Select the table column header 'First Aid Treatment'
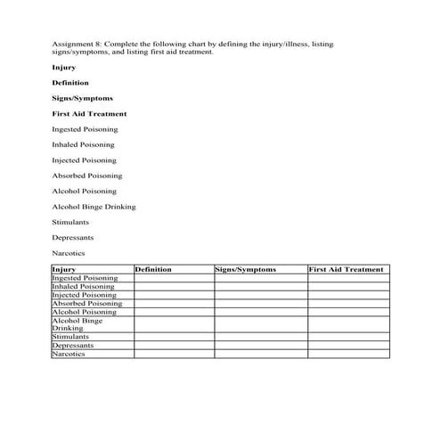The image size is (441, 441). click(x=346, y=269)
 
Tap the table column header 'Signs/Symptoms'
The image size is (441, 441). click(x=247, y=269)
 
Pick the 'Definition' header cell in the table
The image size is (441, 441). click(x=153, y=269)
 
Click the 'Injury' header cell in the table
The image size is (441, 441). click(x=64, y=269)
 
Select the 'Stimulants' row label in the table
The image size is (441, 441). click(x=70, y=337)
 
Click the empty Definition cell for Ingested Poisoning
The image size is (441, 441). click(x=174, y=278)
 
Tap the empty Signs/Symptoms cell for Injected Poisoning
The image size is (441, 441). click(x=260, y=295)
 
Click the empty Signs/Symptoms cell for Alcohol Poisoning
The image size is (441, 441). click(x=260, y=312)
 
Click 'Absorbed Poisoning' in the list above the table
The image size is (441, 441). click(x=85, y=176)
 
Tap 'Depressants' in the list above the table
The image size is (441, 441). click(x=73, y=238)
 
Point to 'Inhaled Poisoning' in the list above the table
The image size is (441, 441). click(x=83, y=144)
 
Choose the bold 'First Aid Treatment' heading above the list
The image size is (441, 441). click(x=89, y=114)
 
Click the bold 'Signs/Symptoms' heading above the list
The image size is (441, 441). click(x=82, y=98)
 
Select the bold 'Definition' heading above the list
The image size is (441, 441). click(x=70, y=83)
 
